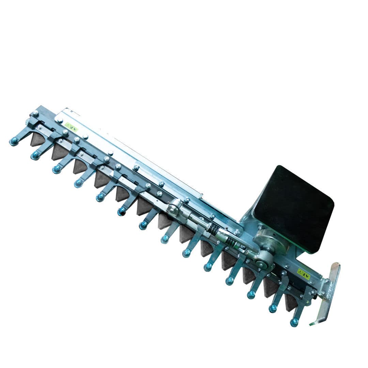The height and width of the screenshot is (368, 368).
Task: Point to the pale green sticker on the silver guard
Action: [x=72, y=127]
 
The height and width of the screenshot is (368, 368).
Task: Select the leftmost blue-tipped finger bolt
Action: [x=14, y=141]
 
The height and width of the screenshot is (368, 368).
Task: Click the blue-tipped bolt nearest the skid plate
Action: [x=294, y=322]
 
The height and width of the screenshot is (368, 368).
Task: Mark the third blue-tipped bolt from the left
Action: [x=57, y=169]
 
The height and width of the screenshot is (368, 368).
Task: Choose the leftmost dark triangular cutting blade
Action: [x=37, y=139]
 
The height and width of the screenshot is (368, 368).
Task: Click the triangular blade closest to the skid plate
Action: [x=291, y=301]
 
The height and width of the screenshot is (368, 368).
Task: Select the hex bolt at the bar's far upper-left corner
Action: [x=35, y=113]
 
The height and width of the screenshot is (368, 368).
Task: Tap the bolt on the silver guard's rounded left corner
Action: [x=60, y=120]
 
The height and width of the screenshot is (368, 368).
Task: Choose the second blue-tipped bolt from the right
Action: [x=273, y=308]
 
